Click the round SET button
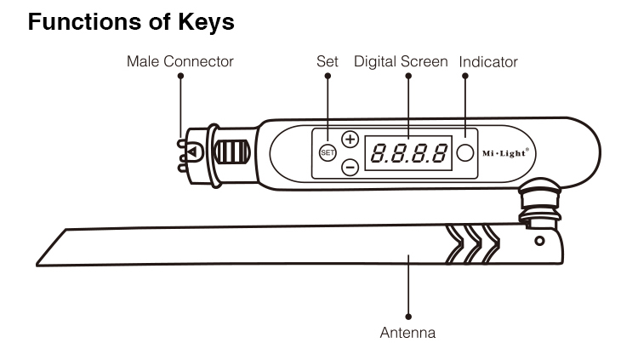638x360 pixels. click(x=328, y=152)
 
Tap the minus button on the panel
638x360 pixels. click(x=350, y=167)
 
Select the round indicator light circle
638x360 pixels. click(x=464, y=153)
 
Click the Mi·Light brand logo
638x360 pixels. click(x=505, y=153)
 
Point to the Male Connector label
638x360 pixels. click(x=180, y=61)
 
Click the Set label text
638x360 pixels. click(x=328, y=61)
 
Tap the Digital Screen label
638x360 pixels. click(x=401, y=61)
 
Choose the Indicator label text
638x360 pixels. click(x=488, y=61)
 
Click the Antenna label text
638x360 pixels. click(x=407, y=333)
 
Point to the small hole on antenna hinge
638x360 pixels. click(x=538, y=241)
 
